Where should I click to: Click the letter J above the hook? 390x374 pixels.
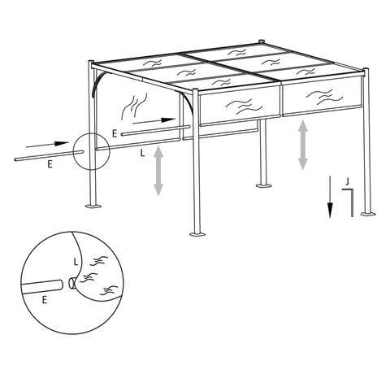347,181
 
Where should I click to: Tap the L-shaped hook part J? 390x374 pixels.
352,202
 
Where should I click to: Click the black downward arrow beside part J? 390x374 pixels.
330,197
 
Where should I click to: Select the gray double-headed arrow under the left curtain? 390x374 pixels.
158,171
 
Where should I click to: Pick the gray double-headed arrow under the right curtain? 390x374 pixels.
303,146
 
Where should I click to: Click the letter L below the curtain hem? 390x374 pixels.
142,153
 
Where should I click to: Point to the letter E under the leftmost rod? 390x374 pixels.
50,164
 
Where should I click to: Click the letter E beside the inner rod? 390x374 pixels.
115,133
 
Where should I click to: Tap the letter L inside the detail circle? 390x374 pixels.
76,262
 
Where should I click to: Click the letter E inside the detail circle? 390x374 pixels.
45,300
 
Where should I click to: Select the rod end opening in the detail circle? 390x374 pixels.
71,283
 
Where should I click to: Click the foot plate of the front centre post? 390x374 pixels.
197,234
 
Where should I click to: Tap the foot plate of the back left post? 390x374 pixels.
93,207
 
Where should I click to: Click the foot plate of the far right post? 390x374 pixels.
368,214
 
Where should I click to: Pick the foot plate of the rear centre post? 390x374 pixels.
263,185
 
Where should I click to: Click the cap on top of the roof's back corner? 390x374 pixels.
262,42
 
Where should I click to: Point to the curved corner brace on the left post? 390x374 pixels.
97,83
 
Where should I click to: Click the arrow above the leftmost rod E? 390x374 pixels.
47,145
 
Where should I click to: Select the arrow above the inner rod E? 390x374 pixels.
154,121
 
